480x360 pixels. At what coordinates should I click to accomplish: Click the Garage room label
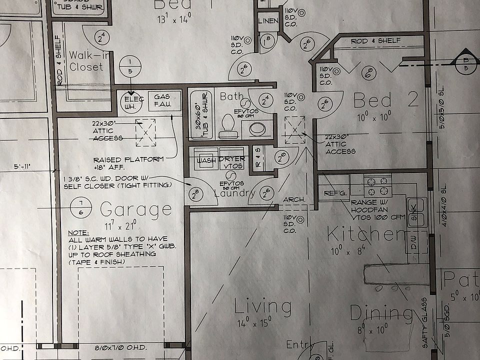(x=135, y=208)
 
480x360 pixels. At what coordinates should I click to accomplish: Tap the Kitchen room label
(x=366, y=234)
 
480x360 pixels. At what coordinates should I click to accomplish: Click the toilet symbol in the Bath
(x=228, y=126)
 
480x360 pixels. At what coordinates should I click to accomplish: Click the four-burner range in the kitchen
(x=377, y=186)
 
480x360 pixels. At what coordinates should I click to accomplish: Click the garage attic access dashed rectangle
(x=145, y=132)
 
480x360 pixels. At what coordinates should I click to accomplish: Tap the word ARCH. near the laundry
(x=294, y=199)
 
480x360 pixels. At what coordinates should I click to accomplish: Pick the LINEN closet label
(x=268, y=21)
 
